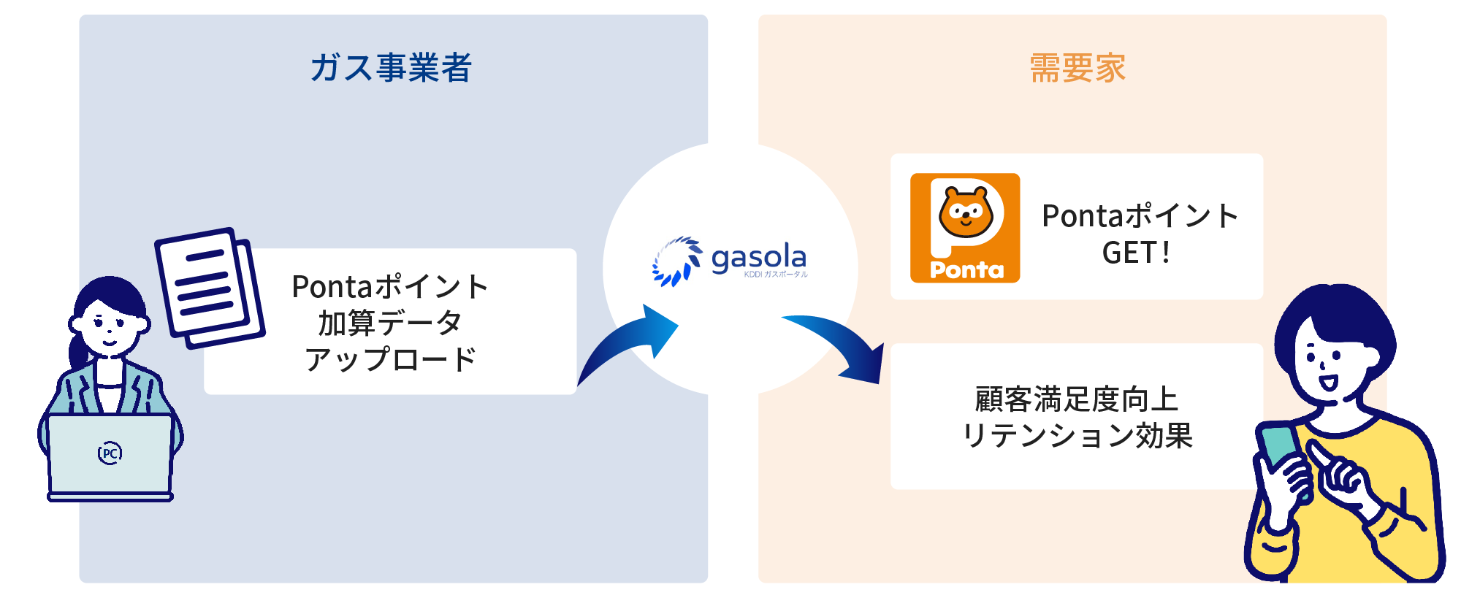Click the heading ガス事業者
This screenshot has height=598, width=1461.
[x=391, y=68]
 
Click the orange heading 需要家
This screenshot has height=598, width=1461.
[x=1077, y=68]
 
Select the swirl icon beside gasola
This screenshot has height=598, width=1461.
[x=676, y=261]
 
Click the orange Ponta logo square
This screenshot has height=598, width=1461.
[x=964, y=228]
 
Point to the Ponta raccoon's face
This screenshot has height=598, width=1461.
[x=965, y=212]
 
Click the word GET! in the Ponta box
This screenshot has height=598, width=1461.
[x=1136, y=253]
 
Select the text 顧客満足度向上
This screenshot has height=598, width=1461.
[x=1077, y=399]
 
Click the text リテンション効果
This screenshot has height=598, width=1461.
[x=1077, y=436]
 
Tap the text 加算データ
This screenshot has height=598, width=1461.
[x=389, y=323]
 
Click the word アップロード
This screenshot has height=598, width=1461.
[x=390, y=359]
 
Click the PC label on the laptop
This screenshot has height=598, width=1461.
[x=110, y=453]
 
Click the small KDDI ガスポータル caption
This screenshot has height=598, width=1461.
[x=776, y=275]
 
